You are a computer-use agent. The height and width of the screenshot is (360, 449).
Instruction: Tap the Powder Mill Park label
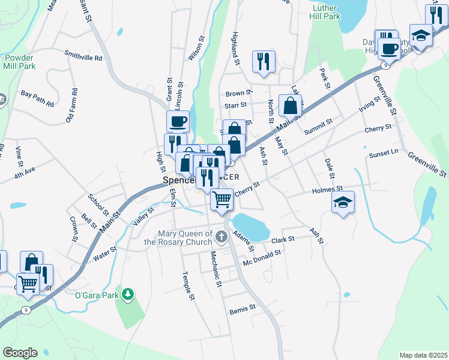18,61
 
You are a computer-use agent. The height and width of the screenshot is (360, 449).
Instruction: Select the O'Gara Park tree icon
127,293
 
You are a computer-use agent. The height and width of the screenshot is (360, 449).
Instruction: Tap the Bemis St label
243,310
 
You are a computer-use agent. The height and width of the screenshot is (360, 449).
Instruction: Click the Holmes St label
327,190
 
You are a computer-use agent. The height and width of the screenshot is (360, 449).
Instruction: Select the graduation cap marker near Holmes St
344,202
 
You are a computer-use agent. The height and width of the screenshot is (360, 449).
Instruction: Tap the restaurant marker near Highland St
264,62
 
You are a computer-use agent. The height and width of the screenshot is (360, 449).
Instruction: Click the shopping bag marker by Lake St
290,106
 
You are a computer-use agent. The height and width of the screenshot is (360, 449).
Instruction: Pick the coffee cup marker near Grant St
178,122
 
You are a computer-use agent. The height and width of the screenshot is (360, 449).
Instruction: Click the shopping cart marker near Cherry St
221,200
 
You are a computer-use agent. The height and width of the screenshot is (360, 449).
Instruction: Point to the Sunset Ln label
384,153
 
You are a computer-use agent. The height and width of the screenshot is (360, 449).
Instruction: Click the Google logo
19,353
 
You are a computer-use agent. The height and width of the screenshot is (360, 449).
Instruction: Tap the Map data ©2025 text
423,355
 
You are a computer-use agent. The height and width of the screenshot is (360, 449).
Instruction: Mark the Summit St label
318,127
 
